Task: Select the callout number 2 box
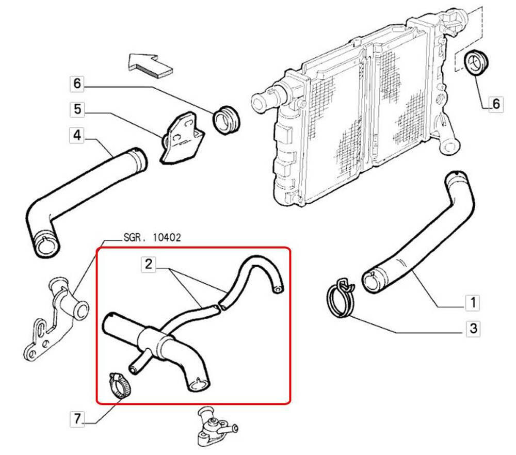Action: [x=149, y=265]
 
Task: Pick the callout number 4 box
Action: [x=77, y=135]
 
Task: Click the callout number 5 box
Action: [x=77, y=109]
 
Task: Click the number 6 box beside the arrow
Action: [x=77, y=83]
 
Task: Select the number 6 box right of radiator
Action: [x=495, y=104]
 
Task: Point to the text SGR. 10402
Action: [x=152, y=238]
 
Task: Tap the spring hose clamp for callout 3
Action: [x=341, y=298]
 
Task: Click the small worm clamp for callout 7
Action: [x=120, y=387]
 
